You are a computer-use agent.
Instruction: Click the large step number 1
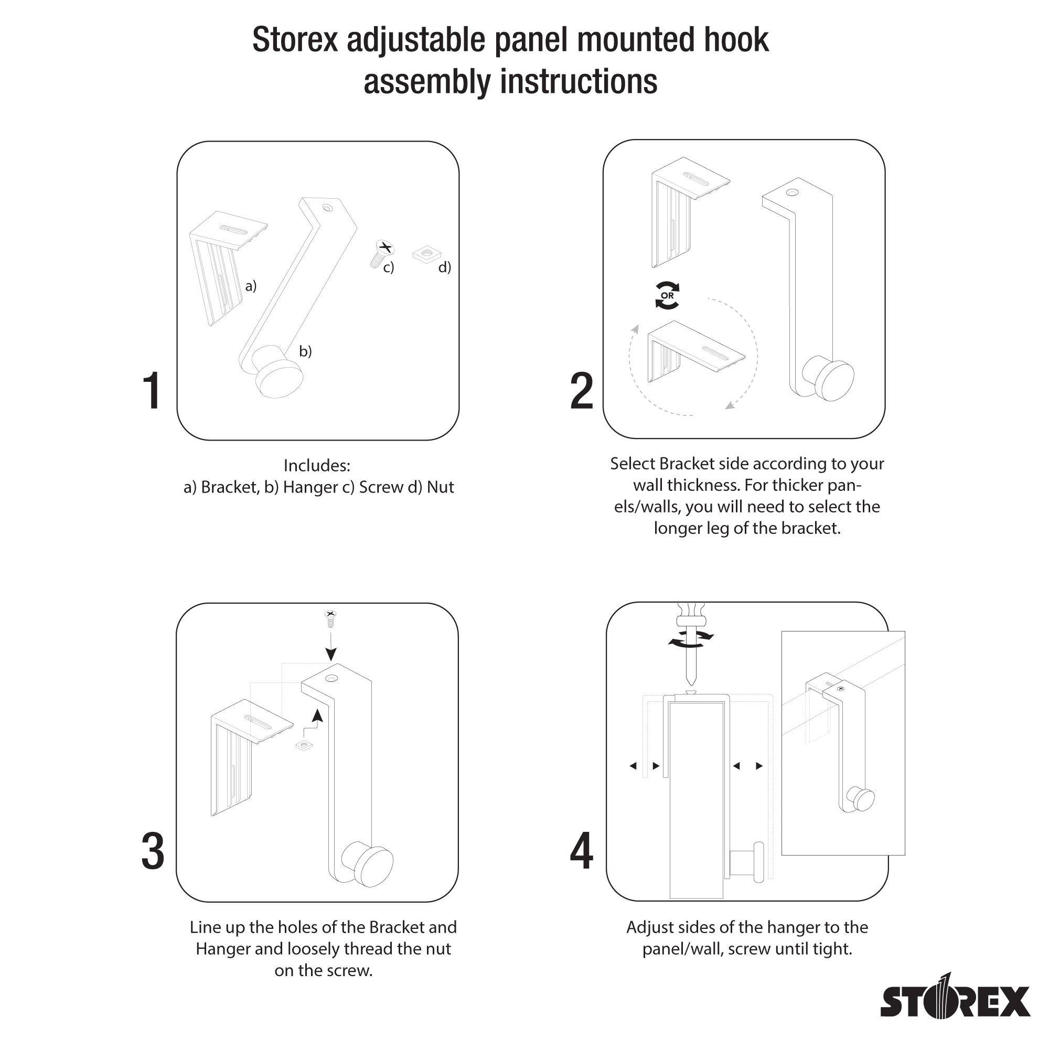pyautogui.click(x=152, y=391)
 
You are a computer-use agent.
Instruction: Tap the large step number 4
pyautogui.click(x=581, y=852)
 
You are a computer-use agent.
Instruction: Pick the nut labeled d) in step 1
pyautogui.click(x=427, y=253)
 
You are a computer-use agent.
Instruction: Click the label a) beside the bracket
pyautogui.click(x=250, y=286)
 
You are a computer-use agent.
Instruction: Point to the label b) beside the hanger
pyautogui.click(x=306, y=351)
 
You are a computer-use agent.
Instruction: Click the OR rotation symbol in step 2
pyautogui.click(x=667, y=296)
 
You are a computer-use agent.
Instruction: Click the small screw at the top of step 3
pyautogui.click(x=330, y=618)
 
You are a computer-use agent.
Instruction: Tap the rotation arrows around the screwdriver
pyautogui.click(x=691, y=639)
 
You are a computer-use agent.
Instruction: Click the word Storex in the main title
pyautogui.click(x=295, y=40)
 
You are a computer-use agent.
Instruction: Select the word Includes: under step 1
pyautogui.click(x=317, y=465)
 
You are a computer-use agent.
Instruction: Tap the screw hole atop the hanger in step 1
pyautogui.click(x=327, y=207)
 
